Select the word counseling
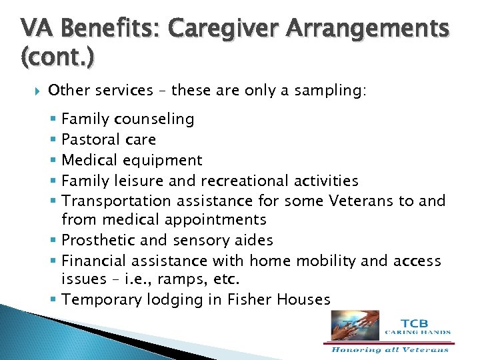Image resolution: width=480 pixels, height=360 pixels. (x=154, y=119)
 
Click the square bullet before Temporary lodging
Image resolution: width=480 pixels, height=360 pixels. (x=53, y=300)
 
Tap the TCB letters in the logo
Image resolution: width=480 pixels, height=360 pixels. (x=417, y=321)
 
